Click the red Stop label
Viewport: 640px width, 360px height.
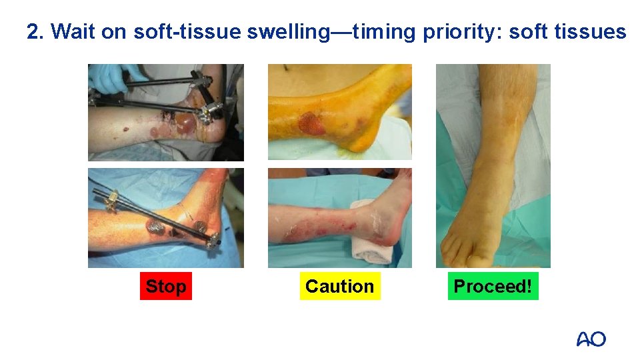165,286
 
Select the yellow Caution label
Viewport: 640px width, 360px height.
339,286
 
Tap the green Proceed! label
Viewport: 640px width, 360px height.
493,286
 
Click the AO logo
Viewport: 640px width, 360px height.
591,339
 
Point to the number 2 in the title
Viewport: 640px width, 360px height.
33,31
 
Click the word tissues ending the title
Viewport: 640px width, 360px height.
594,31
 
